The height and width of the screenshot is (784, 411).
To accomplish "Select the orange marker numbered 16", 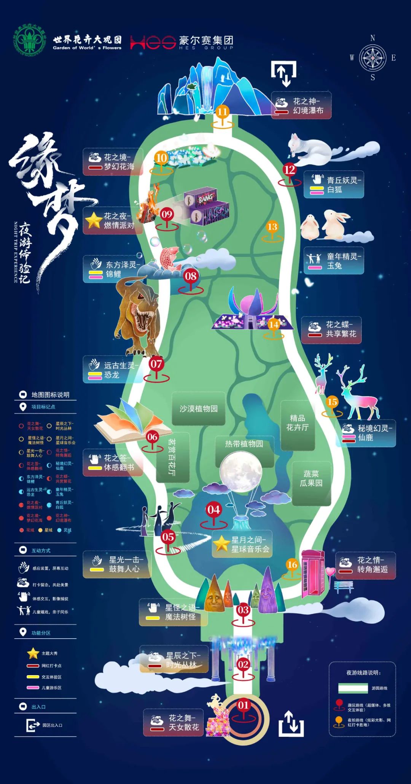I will click(292, 565).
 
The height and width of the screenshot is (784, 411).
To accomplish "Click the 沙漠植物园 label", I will click(198, 409).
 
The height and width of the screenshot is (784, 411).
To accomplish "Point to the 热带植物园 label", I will click(244, 444).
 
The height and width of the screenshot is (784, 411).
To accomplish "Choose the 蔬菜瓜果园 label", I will click(311, 478).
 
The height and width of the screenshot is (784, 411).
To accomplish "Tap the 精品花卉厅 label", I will click(297, 423).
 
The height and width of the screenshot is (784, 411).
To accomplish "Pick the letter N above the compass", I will click(373, 38).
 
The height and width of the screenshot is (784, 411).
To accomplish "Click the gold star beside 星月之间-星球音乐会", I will click(221, 543).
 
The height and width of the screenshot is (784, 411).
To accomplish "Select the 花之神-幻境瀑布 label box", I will click(301, 105).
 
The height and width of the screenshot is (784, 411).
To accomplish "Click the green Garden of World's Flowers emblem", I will click(30, 40).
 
